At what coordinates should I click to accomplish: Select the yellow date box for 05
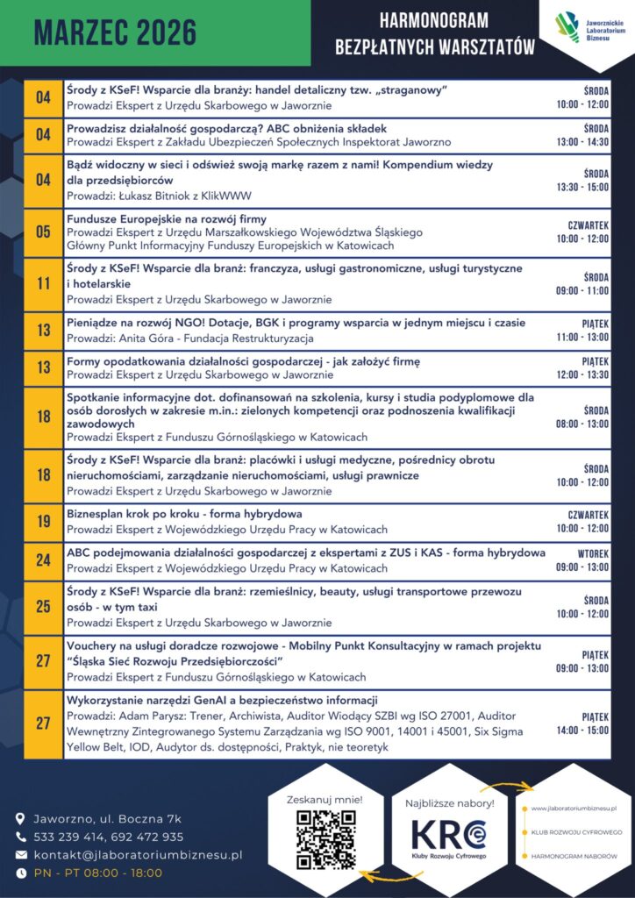coord(43,232)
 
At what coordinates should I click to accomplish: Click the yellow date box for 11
coord(43,284)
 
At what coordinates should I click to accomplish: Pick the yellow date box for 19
coord(43,522)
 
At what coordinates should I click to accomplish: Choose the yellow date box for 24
coord(43,560)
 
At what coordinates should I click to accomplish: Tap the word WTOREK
coord(593,554)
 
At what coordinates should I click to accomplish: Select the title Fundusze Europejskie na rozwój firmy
coord(167,218)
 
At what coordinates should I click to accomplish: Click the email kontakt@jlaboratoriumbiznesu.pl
coord(138,854)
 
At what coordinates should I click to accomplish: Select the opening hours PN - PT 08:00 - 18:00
coord(98,873)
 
